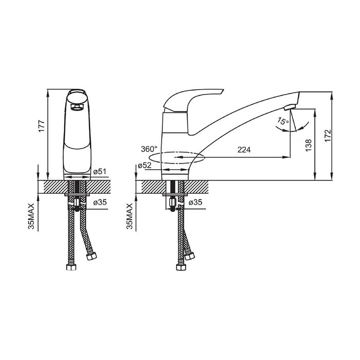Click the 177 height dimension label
(x=42, y=125)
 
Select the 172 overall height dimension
(x=328, y=136)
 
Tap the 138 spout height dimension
(x=309, y=145)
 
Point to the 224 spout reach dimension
(x=244, y=150)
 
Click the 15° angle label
(x=283, y=121)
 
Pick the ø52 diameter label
(x=145, y=165)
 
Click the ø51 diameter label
(x=100, y=171)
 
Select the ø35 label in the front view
(x=100, y=202)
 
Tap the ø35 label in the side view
(x=195, y=202)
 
